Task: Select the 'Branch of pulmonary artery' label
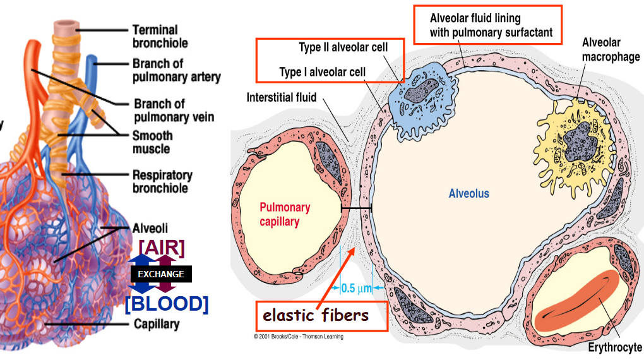[176, 70]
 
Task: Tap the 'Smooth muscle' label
[152, 142]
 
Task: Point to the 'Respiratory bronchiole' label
[162, 181]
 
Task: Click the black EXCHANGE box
[161, 274]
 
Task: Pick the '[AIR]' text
[162, 248]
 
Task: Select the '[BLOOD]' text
[167, 303]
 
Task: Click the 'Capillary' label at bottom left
[157, 325]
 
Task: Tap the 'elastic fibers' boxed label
[315, 315]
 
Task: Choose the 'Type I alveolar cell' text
[322, 72]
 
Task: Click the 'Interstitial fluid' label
[282, 98]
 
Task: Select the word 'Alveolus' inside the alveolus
[468, 194]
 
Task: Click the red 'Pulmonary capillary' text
[285, 215]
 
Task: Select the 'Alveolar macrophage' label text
[610, 50]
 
